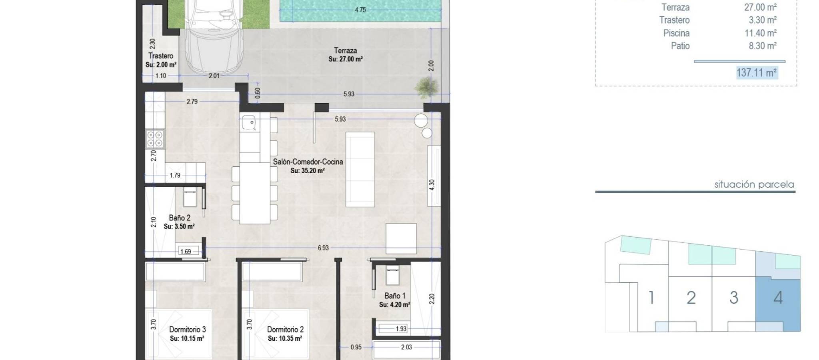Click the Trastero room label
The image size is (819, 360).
pos(161,56)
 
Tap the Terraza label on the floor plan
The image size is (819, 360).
pos(346,50)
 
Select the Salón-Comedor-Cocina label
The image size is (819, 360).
pos(308,162)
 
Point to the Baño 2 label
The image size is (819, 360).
pos(180,218)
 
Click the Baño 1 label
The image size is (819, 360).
pos(395,296)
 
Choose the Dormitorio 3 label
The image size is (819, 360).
pos(187,330)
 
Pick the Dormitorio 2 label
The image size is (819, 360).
pos(285,330)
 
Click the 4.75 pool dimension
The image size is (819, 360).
pos(360,10)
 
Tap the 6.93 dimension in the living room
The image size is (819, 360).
pos(323,248)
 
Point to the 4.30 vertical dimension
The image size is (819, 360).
pos(431,185)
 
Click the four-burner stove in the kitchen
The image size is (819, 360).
pos(154,139)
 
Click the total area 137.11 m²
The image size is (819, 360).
pos(757,73)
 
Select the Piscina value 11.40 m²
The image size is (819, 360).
pos(761,33)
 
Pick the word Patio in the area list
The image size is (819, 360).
pos(680,46)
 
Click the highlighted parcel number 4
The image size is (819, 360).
pos(778,298)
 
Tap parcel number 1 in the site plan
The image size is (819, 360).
pos(651,298)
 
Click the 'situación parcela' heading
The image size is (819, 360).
pos(754,185)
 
